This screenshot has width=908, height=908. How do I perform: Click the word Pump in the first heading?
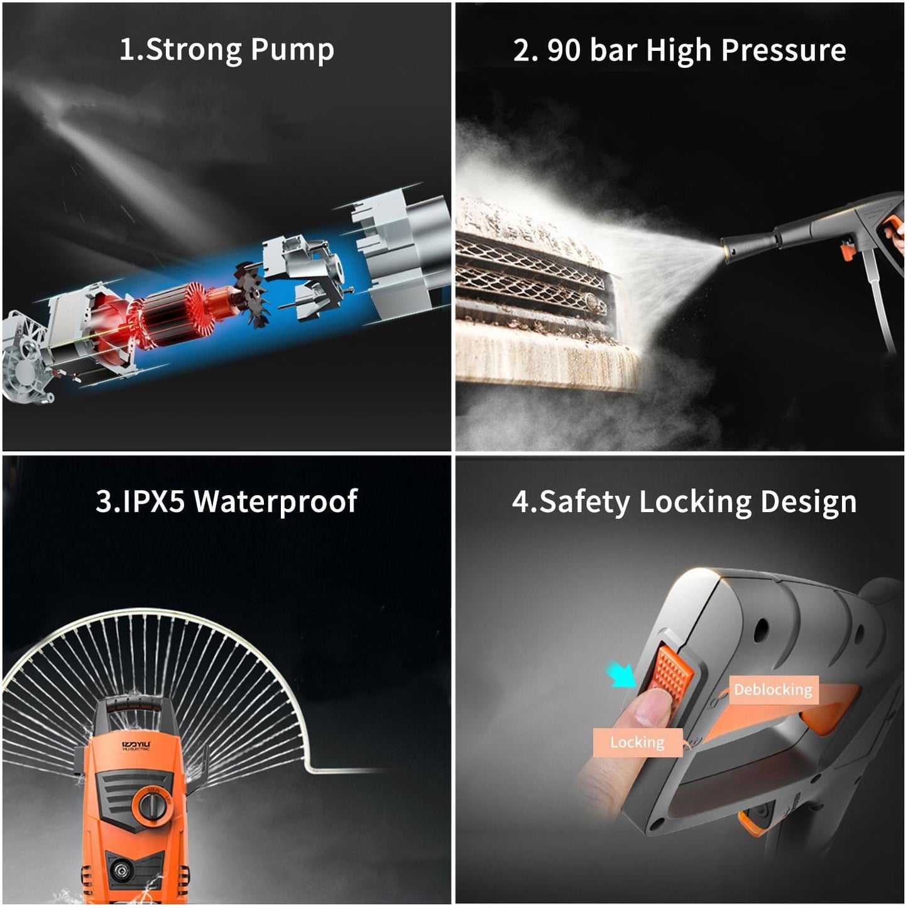[x=292, y=50]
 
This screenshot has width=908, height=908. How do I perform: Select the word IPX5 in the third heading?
[x=153, y=501]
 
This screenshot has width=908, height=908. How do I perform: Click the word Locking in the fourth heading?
[x=695, y=503]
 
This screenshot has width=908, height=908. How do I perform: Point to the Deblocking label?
[x=773, y=690]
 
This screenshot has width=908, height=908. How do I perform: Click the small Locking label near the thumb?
[x=637, y=743]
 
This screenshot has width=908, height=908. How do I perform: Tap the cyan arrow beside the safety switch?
[x=621, y=677]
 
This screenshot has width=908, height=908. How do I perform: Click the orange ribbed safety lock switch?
[x=673, y=672]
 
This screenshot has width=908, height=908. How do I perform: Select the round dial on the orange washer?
[x=151, y=805]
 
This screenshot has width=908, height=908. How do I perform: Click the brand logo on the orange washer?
[x=136, y=745]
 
